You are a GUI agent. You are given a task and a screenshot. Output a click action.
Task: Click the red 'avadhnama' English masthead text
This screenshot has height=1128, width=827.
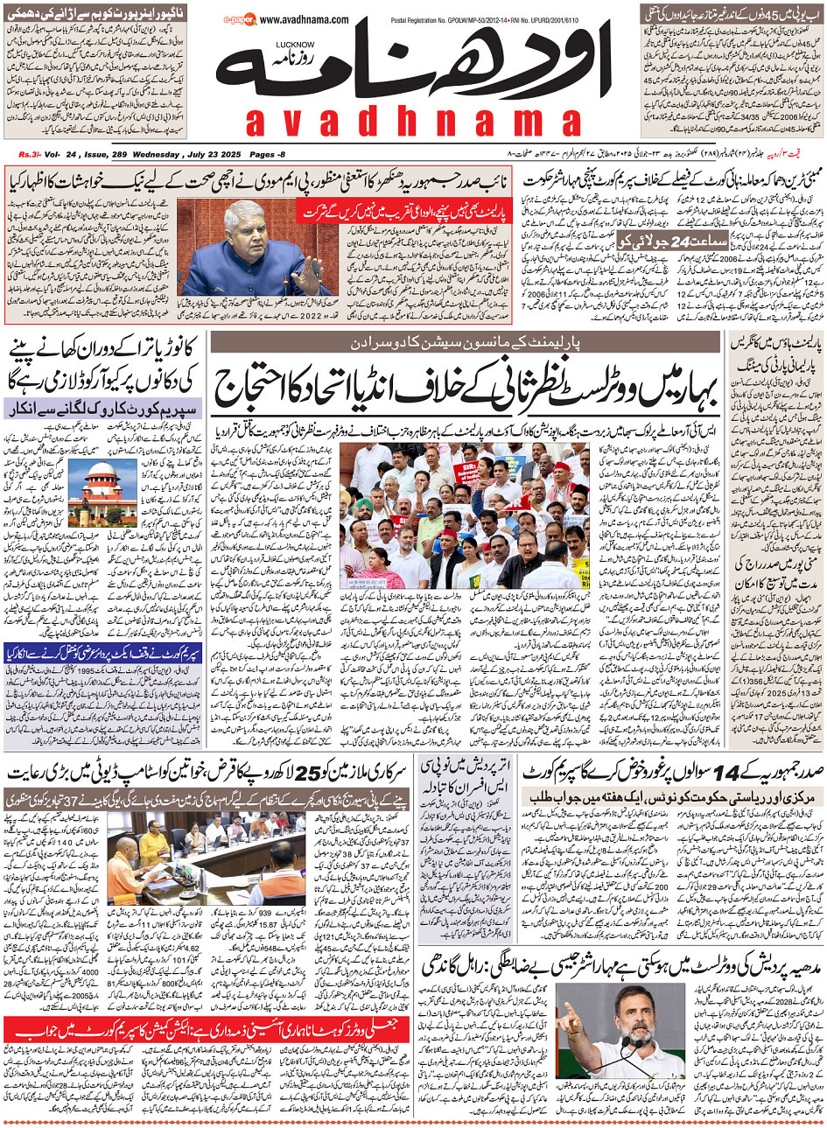pyautogui.click(x=413, y=123)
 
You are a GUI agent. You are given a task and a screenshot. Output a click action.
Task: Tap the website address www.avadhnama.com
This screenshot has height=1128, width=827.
pyautogui.click(x=304, y=20)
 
